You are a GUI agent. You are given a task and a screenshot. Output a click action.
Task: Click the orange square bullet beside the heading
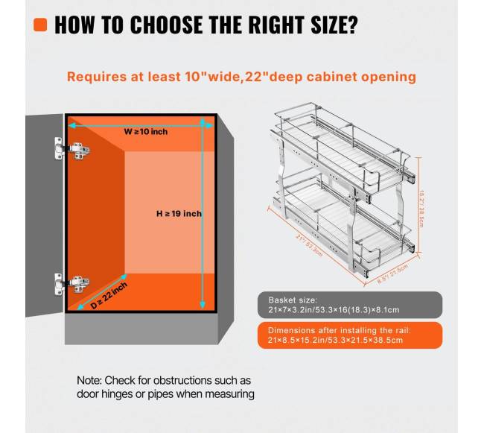(40, 25)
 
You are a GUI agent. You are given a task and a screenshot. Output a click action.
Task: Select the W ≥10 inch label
(146, 132)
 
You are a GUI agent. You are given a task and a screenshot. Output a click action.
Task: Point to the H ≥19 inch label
(179, 213)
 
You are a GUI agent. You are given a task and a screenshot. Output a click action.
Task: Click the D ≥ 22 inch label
(109, 296)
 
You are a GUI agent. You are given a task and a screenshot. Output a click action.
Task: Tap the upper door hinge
(72, 148)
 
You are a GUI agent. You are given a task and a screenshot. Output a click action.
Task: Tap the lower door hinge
(72, 283)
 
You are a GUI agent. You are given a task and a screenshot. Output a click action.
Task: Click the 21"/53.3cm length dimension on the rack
(309, 245)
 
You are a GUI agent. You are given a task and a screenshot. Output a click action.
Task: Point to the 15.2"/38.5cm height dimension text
(421, 209)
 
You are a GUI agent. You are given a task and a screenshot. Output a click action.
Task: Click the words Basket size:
(293, 300)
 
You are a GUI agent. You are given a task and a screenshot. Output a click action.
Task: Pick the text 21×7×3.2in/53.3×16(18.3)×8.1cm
(334, 310)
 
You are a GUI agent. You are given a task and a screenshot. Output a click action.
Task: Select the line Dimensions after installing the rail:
(340, 330)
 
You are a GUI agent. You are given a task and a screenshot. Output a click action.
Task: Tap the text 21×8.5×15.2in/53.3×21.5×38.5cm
(335, 341)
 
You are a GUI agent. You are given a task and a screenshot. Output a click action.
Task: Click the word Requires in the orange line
(97, 77)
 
